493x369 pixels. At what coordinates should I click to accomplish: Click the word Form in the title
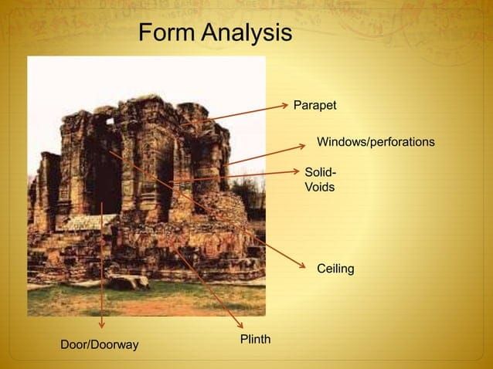[x=167, y=32]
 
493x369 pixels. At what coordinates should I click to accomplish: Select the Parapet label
[x=314, y=106]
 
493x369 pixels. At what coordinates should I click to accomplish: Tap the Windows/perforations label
[x=376, y=142]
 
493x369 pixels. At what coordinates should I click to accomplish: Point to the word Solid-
[x=321, y=172]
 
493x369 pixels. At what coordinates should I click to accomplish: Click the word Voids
[x=320, y=187]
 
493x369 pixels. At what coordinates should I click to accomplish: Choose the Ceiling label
[x=335, y=269]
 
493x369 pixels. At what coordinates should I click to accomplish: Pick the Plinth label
[x=255, y=339]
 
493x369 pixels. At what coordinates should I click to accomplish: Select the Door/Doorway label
[x=100, y=345]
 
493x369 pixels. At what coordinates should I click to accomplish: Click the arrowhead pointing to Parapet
[x=284, y=105]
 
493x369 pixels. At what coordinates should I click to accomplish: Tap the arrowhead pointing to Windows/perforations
[x=302, y=146]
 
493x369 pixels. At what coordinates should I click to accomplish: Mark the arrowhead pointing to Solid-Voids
[x=296, y=171]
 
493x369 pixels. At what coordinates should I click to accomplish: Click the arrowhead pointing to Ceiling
[x=302, y=266]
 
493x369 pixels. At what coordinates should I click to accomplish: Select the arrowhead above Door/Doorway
[x=101, y=325]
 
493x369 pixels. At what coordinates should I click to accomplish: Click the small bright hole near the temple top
[x=110, y=121]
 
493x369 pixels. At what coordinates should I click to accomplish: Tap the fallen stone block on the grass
[x=127, y=282]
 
